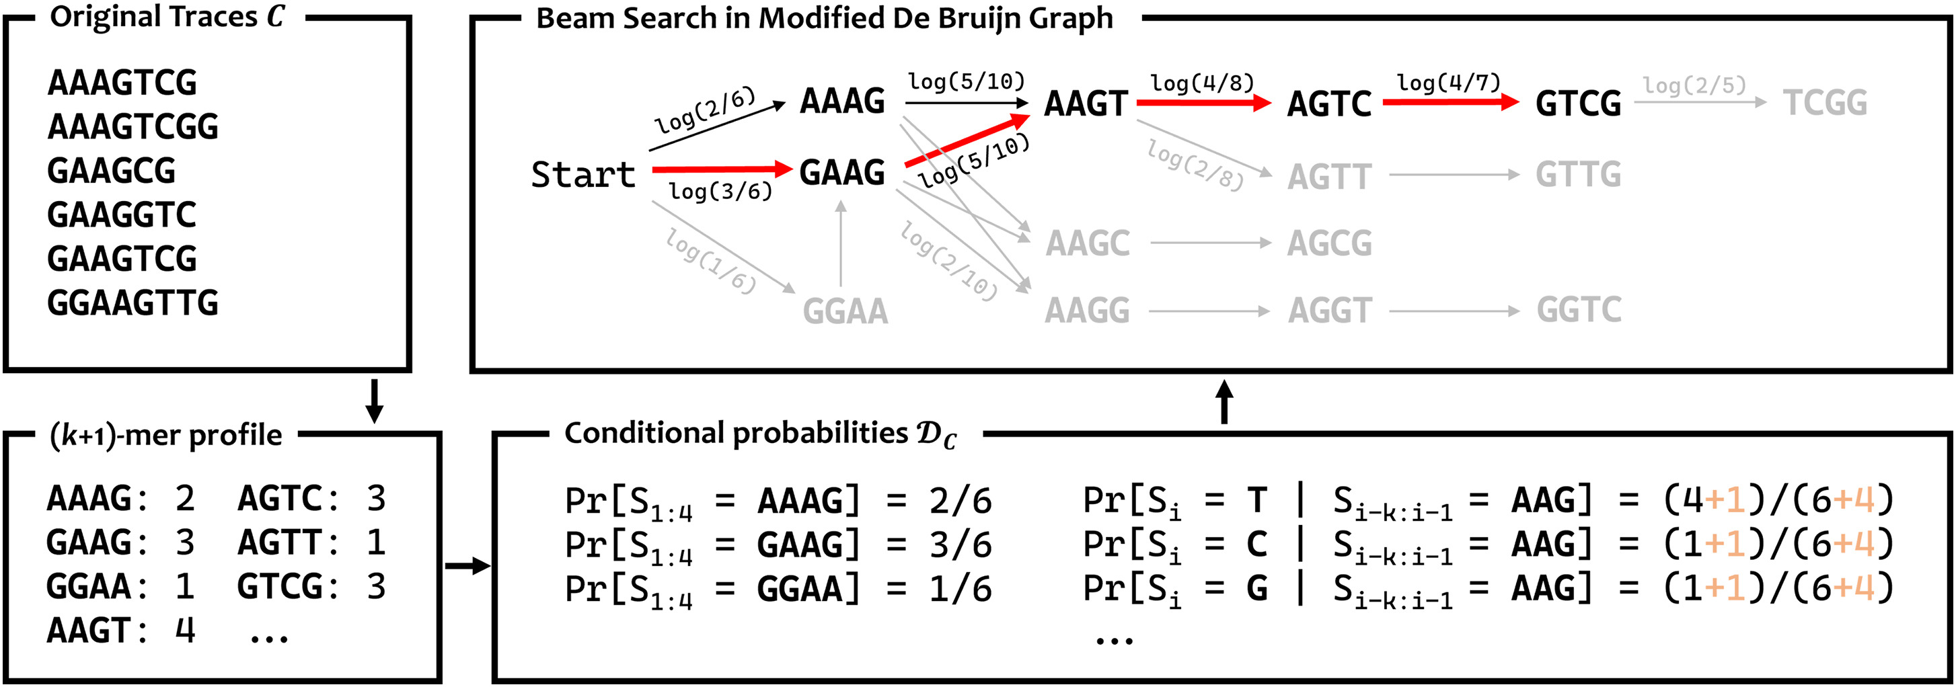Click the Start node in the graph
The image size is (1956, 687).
pos(582,175)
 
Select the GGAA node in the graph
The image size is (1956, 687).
pos(845,311)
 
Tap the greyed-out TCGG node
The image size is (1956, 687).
pos(1825,102)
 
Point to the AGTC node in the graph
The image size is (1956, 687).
pos(1329,104)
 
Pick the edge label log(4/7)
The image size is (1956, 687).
pos(1448,82)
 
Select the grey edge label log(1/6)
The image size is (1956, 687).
pos(710,261)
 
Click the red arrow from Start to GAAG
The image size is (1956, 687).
pos(721,169)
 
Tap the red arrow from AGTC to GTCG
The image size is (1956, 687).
pos(1450,102)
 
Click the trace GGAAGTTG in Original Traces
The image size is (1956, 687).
pos(133,303)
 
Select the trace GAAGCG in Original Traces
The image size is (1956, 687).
pos(112,170)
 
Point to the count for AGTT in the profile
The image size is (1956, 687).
pos(376,542)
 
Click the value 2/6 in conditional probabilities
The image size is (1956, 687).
pos(961,500)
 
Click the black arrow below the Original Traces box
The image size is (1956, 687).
pos(373,401)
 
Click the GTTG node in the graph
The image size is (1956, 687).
pos(1578,175)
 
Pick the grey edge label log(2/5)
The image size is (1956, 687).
pos(1695,85)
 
